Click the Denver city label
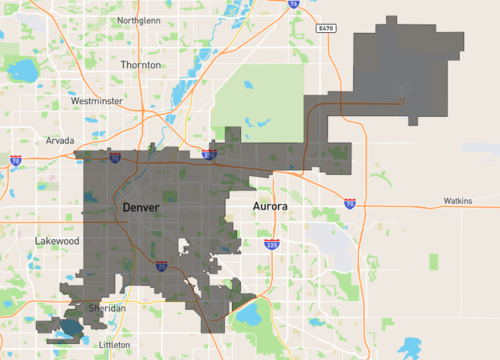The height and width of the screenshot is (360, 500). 140,206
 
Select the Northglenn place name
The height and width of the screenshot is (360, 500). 145,21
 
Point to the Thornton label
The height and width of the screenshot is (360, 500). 140,65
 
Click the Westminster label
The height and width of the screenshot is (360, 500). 98,101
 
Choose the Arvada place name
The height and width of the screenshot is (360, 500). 60,141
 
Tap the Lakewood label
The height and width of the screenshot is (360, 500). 57,241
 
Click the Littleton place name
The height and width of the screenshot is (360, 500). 117,344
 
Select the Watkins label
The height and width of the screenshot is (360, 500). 459,201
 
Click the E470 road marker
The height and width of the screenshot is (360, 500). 322,28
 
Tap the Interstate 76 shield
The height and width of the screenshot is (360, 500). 293,4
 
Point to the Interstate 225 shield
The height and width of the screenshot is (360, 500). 272,243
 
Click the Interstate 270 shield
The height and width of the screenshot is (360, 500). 207,155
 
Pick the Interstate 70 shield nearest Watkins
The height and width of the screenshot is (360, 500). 349,203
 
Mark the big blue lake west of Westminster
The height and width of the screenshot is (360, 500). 21,70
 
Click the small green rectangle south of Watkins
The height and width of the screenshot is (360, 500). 434,261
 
